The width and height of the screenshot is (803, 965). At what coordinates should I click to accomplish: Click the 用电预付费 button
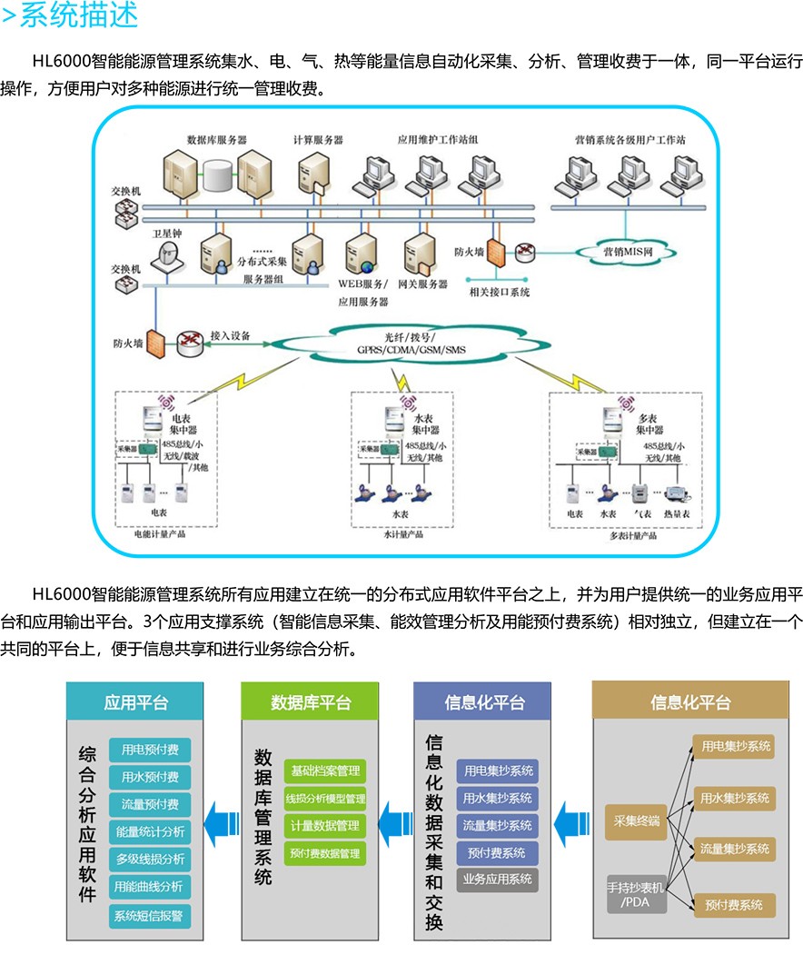tap(150, 750)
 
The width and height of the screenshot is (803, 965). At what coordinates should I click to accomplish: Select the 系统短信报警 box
tap(150, 916)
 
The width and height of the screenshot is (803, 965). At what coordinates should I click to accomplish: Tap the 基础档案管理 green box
tap(324, 771)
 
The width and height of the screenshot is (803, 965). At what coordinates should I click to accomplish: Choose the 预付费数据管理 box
tap(324, 853)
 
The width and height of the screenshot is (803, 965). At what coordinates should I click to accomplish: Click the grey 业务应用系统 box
tap(497, 880)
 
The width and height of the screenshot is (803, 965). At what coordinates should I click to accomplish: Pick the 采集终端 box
tap(636, 821)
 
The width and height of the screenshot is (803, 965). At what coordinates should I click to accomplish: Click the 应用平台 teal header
tap(135, 702)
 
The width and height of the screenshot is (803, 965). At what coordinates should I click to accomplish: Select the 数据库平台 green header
tap(311, 702)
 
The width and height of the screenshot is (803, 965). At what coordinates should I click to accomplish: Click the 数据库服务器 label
tap(217, 140)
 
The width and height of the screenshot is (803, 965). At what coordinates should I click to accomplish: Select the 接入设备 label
tap(231, 334)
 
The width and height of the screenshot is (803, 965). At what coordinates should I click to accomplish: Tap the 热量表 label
tap(679, 514)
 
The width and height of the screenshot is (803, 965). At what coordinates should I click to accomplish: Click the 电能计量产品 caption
tap(160, 536)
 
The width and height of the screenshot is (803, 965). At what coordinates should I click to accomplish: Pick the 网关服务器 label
tap(423, 284)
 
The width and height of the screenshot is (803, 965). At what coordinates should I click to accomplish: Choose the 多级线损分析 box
tap(150, 859)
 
